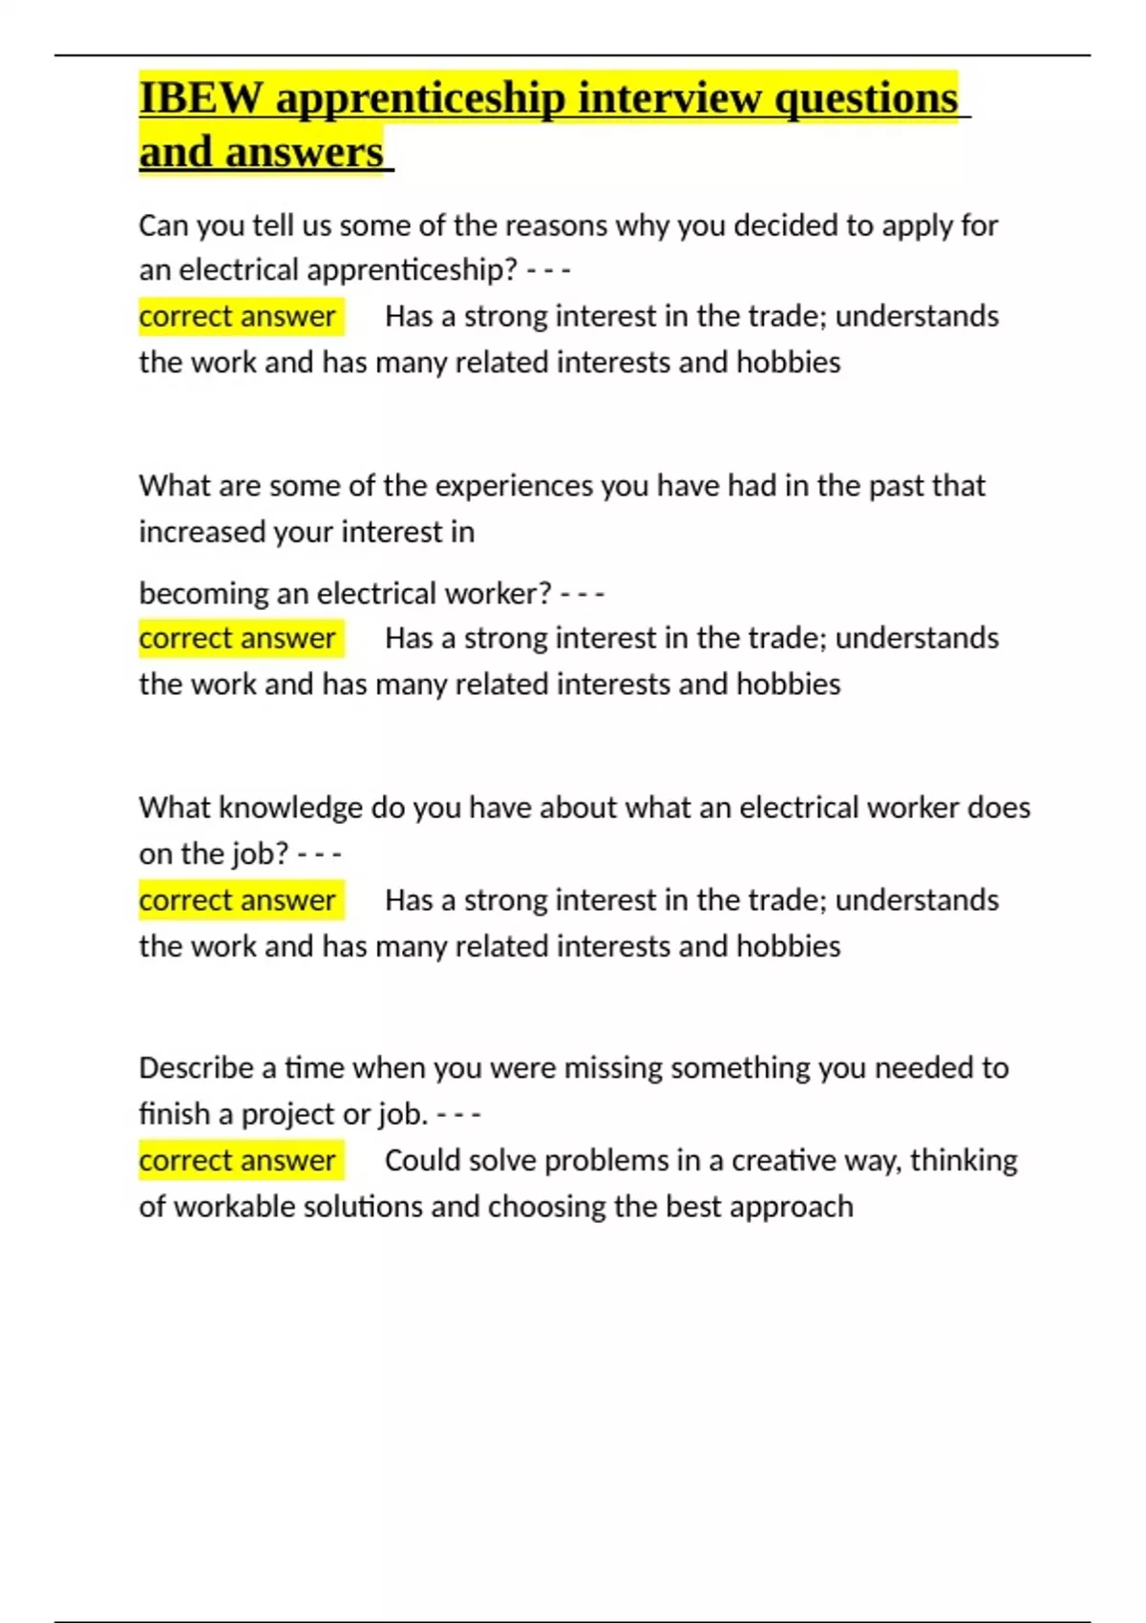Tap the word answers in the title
304,152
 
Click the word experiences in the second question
514,486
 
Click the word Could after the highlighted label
421,1160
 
